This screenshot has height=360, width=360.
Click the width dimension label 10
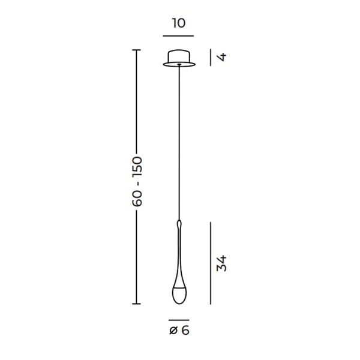click(x=178, y=23)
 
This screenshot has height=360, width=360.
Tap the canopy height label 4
click(x=221, y=57)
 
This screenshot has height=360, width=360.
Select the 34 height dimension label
click(x=221, y=263)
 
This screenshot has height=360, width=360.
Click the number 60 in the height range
click(x=137, y=199)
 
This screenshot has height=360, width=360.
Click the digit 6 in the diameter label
click(x=185, y=331)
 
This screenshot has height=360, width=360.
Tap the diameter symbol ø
click(x=174, y=331)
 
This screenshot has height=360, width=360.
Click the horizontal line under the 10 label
click(x=178, y=36)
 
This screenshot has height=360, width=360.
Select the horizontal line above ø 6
click(x=179, y=320)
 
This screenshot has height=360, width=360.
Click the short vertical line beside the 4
click(x=211, y=57)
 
